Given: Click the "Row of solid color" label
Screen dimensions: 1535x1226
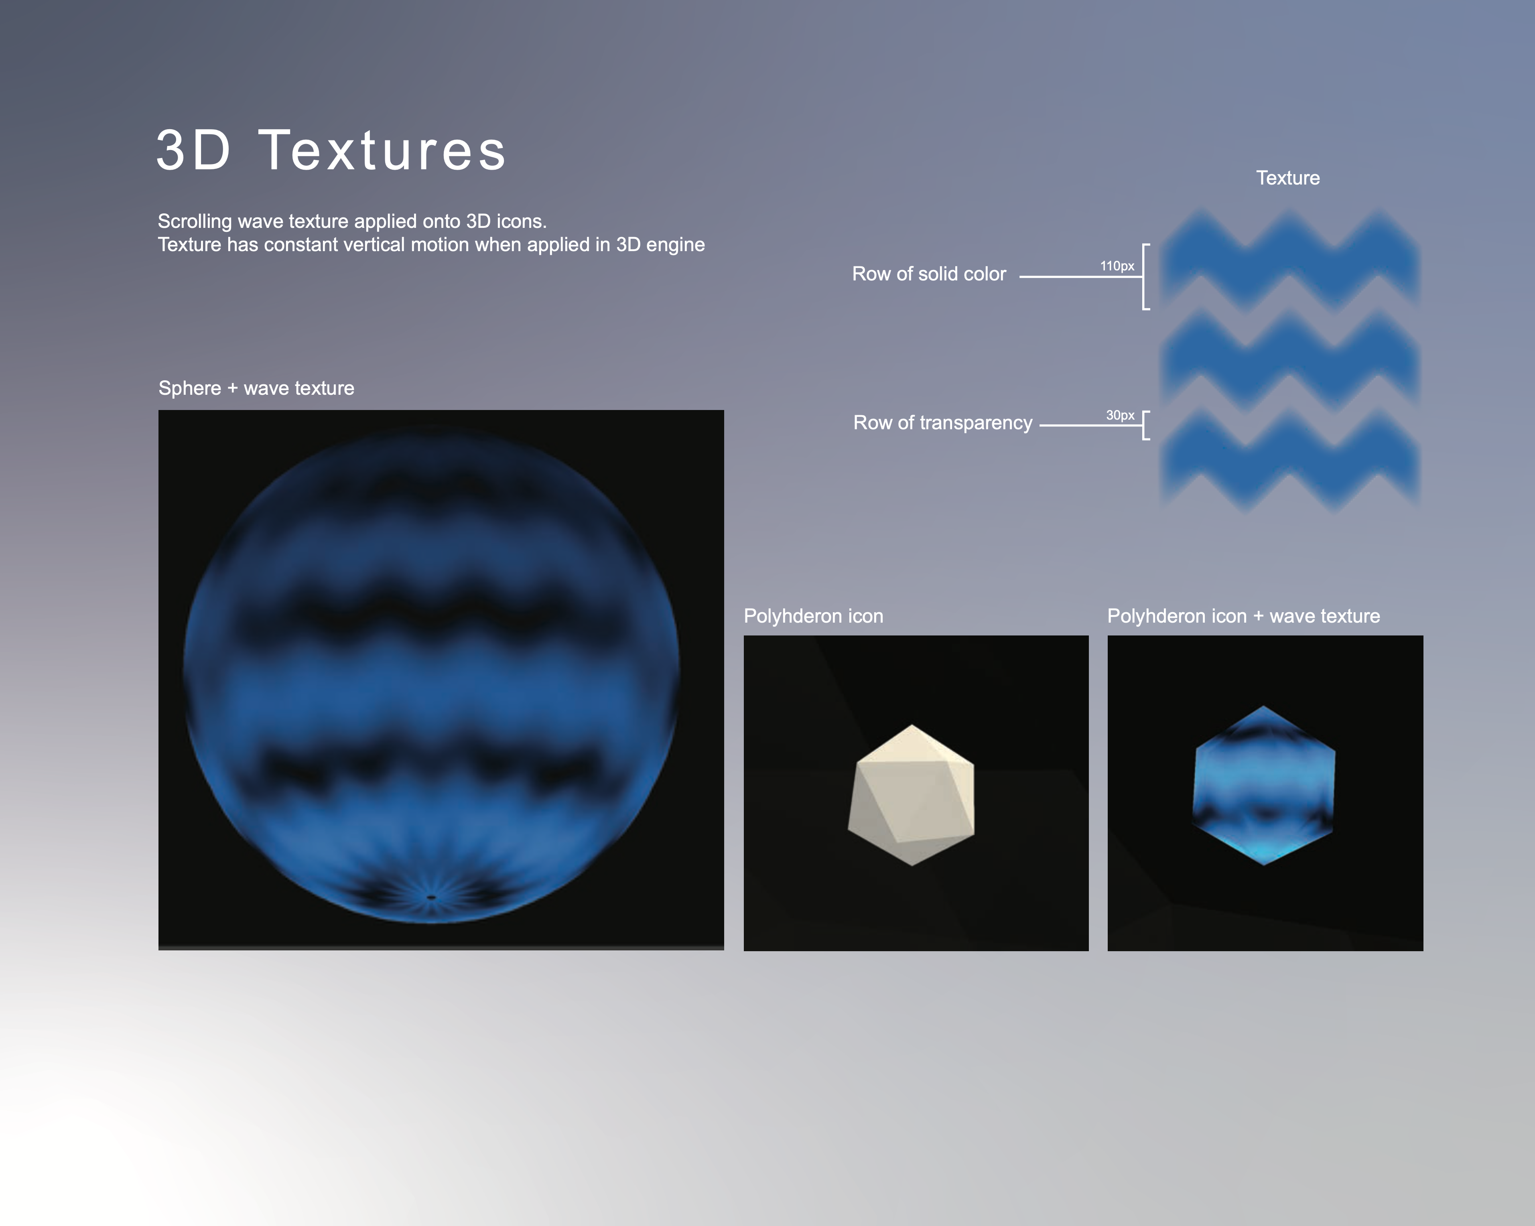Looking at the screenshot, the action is pyautogui.click(x=929, y=274).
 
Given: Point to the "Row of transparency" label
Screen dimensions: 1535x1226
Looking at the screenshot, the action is pyautogui.click(x=943, y=423).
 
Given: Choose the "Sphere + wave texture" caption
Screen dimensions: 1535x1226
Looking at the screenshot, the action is pyautogui.click(x=256, y=388).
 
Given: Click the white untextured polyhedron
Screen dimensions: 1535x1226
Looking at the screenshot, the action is pyautogui.click(x=911, y=795).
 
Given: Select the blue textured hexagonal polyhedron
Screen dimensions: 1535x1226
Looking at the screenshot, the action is pyautogui.click(x=1264, y=785).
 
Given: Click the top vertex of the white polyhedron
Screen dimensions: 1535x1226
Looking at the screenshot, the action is pyautogui.click(x=912, y=725).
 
